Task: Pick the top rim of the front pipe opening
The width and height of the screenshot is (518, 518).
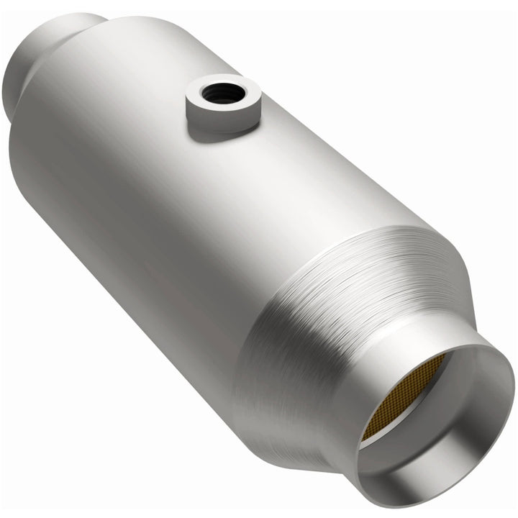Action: (460, 353)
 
